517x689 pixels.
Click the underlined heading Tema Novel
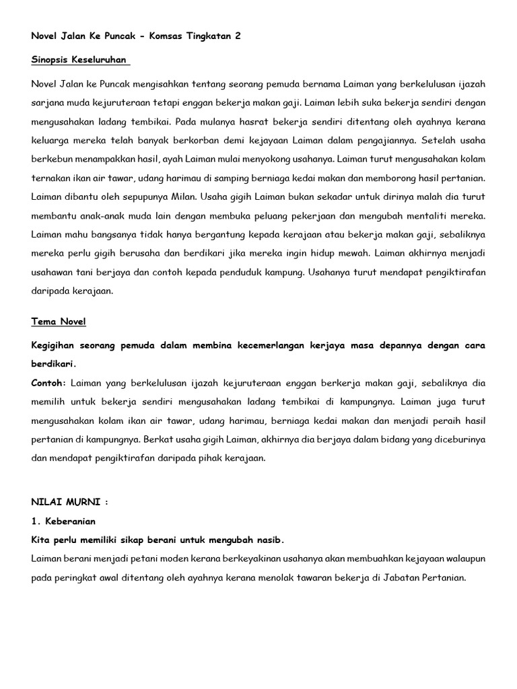coord(59,322)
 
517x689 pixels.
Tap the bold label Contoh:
coord(48,382)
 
